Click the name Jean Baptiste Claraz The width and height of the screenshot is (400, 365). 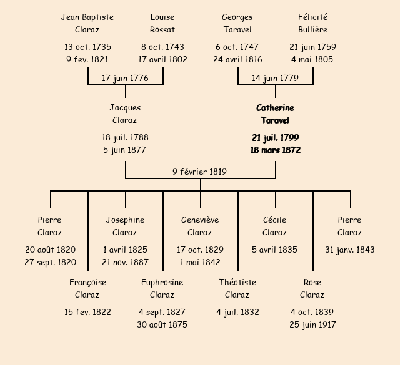(x=87, y=23)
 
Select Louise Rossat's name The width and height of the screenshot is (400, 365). (x=162, y=23)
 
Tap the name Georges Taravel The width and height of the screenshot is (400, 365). (x=237, y=23)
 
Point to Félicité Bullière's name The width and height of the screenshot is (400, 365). (x=312, y=23)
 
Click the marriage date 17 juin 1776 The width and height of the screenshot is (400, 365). (x=125, y=78)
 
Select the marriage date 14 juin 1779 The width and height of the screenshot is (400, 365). (x=275, y=78)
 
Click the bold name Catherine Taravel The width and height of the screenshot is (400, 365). (x=275, y=114)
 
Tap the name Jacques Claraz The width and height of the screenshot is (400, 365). (x=125, y=114)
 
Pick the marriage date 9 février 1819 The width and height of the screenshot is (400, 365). (x=200, y=172)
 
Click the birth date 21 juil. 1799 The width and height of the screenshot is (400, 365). (x=275, y=137)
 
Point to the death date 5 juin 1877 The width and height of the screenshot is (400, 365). (x=125, y=150)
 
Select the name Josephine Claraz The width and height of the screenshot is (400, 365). (x=125, y=226)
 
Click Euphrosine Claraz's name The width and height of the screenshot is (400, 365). (x=162, y=288)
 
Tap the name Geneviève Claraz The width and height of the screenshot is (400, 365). (x=200, y=226)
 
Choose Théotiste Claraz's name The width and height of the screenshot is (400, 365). (x=237, y=288)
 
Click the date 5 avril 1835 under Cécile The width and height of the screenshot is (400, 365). (x=275, y=250)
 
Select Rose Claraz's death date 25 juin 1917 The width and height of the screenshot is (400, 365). (x=312, y=324)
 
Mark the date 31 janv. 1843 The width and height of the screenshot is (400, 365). (x=350, y=250)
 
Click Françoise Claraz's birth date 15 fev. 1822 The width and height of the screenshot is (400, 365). (x=87, y=312)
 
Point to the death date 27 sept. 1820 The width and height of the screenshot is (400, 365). (x=50, y=262)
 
